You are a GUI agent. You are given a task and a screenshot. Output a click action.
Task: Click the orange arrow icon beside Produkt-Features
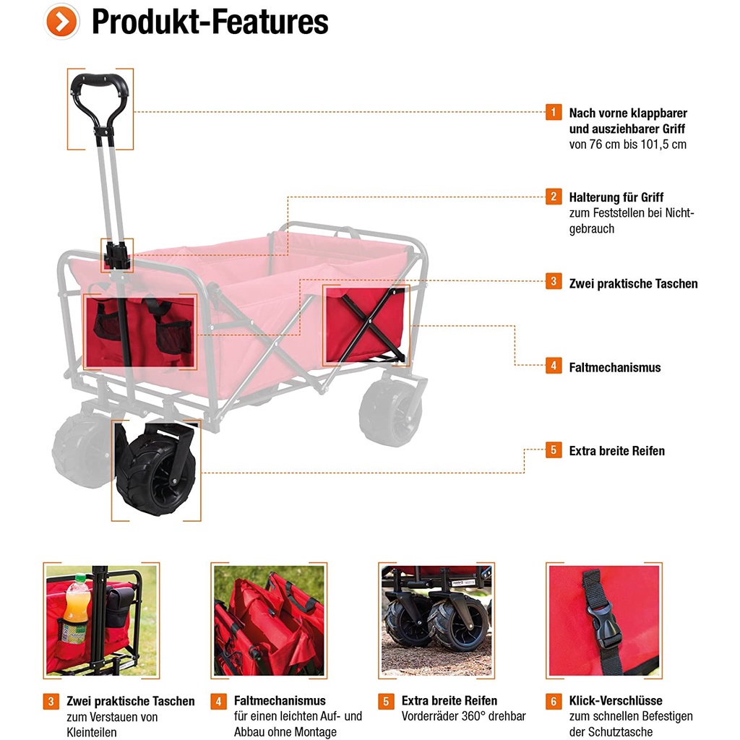62,22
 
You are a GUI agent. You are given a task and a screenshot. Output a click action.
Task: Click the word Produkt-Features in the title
210,22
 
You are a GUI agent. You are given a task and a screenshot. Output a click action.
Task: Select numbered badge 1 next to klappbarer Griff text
553,112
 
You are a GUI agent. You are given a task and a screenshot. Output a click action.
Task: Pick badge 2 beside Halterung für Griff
553,196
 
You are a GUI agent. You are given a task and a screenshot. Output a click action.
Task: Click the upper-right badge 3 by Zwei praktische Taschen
553,282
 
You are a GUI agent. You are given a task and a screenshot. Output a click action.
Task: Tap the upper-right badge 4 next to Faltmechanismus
553,366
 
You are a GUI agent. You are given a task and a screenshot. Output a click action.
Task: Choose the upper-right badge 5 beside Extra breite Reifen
553,449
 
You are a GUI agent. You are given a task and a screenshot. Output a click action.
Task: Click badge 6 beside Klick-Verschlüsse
553,700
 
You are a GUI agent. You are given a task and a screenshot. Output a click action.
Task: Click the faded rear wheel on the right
390,412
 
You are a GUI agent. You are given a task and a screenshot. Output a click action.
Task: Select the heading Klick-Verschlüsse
616,700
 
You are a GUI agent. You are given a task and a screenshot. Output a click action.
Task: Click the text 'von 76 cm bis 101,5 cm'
627,144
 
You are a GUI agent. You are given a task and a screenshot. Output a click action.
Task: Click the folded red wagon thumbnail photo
269,620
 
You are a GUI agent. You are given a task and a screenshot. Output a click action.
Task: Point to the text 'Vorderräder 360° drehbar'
463,716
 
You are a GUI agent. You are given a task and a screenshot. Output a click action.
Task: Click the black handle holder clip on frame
116,255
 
